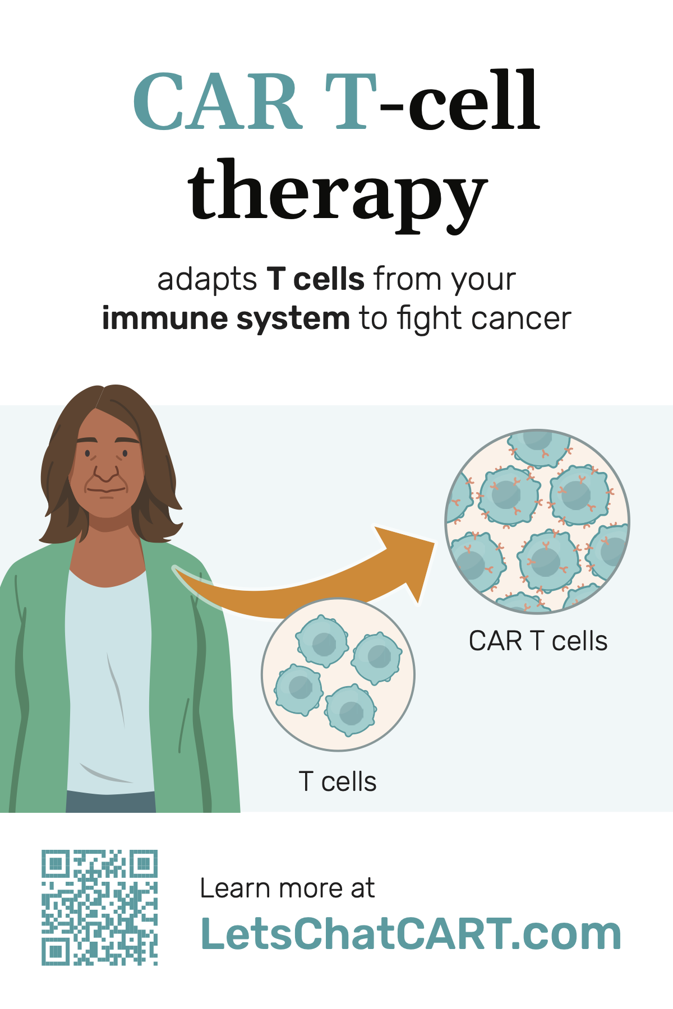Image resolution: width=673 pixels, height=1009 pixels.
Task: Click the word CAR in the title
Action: point(218,101)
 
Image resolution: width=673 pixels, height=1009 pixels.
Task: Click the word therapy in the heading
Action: point(338,194)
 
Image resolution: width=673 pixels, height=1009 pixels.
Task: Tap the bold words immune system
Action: point(226,318)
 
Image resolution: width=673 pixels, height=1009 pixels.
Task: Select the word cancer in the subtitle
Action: point(521,319)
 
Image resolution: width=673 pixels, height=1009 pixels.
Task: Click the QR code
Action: point(99,908)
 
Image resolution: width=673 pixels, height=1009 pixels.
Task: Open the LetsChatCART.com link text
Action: point(411,933)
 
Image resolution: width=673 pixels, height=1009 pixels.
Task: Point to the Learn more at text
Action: point(287,888)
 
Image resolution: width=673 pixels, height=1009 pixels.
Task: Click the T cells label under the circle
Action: point(338,781)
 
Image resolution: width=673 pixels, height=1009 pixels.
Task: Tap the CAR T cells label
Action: point(538,641)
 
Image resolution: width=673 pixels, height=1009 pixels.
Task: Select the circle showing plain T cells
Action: point(338,675)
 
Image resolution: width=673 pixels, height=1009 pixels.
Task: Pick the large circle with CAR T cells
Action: point(537,521)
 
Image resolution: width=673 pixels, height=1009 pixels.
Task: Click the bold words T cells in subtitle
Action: point(316,279)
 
